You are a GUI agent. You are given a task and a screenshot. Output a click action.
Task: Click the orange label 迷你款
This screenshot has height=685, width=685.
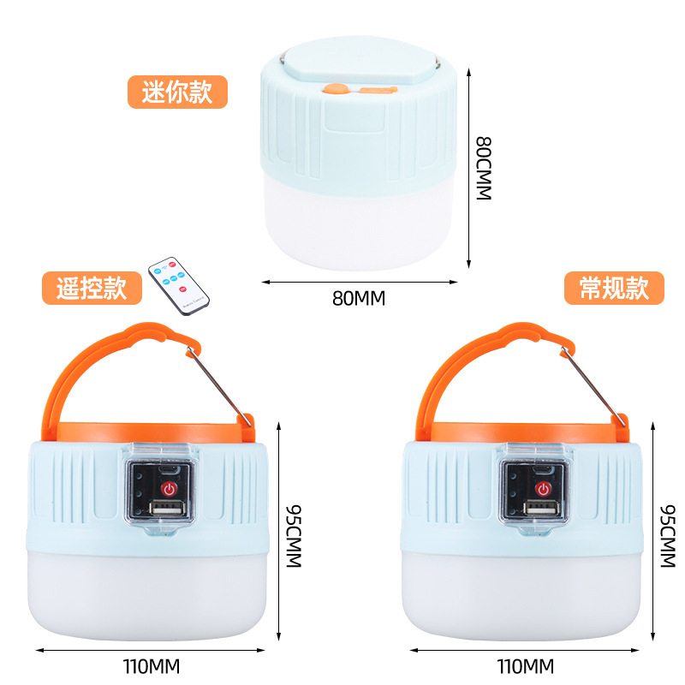tap(177, 92)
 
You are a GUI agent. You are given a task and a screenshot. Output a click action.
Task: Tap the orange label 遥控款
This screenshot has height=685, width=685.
tap(92, 289)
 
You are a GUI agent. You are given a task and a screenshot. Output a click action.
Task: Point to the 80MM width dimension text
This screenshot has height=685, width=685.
tap(359, 299)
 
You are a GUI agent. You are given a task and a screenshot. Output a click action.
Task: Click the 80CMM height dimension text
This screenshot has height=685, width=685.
tap(485, 168)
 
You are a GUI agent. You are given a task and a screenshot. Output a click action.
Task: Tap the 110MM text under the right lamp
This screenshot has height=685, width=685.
tap(525, 665)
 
